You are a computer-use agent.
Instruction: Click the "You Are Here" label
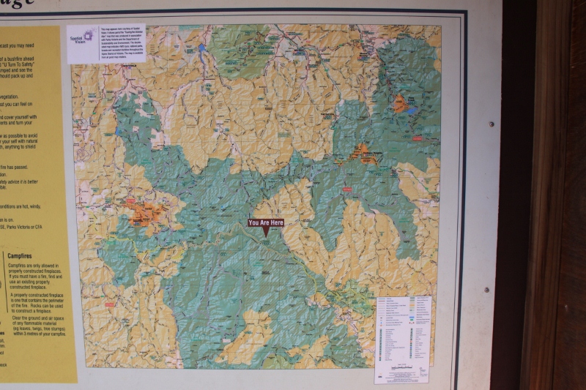click(x=265, y=222)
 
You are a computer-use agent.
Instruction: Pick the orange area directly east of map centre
click(x=362, y=152)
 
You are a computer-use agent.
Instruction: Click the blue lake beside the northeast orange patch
click(x=412, y=111)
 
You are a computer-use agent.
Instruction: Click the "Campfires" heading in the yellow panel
click(x=23, y=255)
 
